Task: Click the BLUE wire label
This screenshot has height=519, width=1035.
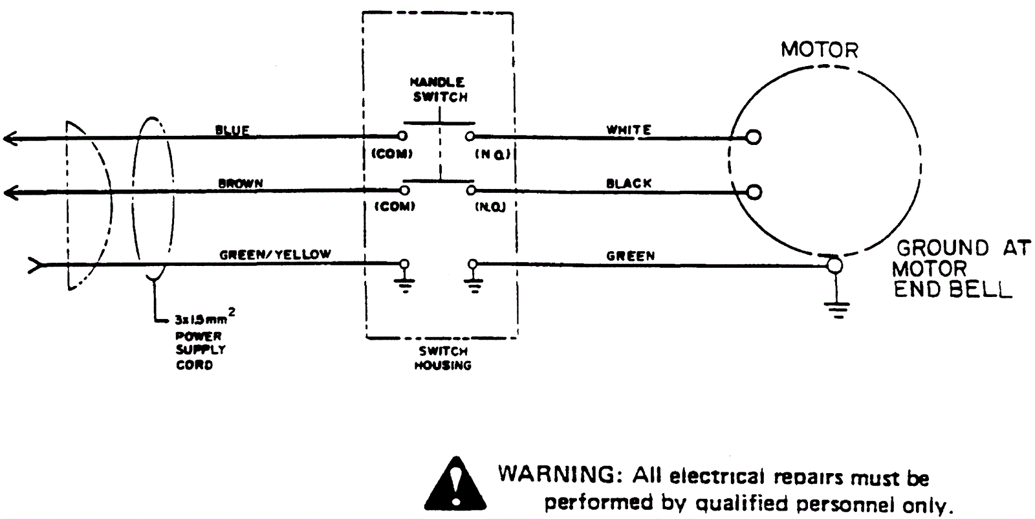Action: pos(232,131)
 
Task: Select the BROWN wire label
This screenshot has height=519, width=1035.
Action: pos(241,184)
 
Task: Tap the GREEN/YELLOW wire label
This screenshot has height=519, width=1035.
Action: pos(275,255)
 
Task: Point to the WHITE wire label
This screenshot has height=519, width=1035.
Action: pos(628,130)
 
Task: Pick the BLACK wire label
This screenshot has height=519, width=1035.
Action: pos(628,184)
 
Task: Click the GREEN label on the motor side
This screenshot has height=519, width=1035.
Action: pos(630,256)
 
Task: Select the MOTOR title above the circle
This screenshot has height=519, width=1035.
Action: pos(819,50)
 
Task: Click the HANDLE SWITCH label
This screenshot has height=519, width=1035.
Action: pos(439,90)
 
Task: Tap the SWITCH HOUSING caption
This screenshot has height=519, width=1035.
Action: pos(443,358)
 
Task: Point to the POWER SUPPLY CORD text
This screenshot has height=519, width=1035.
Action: pos(201,350)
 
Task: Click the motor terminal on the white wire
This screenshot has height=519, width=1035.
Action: pos(753,137)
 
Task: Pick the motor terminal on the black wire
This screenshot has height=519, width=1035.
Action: pos(753,192)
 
